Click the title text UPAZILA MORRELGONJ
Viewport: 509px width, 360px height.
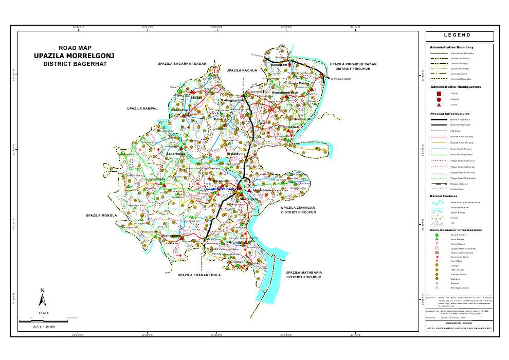(x=74, y=56)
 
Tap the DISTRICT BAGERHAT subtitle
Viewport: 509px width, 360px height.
(x=74, y=65)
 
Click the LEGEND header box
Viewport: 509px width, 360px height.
(x=460, y=36)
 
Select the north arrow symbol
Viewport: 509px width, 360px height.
(x=44, y=298)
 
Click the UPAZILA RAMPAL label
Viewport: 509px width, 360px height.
(x=142, y=109)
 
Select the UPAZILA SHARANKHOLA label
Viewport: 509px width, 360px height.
(x=199, y=275)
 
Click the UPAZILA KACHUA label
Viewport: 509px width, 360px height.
(x=242, y=70)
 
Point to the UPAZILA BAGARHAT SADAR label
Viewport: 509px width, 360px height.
(x=182, y=64)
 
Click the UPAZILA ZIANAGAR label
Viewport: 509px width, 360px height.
(x=298, y=207)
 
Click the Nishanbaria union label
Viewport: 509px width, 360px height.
(x=172, y=236)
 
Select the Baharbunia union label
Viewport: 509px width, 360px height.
(x=175, y=153)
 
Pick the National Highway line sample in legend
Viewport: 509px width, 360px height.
(x=439, y=119)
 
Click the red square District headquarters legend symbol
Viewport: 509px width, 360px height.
(x=439, y=93)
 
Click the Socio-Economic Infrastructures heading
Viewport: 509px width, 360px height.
(x=456, y=230)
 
